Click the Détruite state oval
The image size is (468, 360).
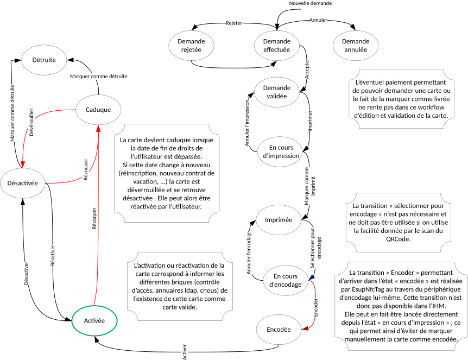44,60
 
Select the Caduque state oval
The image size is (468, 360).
98,110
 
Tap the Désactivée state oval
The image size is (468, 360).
22,183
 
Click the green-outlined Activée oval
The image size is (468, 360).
94,320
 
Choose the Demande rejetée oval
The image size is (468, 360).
191,46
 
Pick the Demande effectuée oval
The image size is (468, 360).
276,46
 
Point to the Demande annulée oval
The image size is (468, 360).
356,46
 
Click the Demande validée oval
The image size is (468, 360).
276,92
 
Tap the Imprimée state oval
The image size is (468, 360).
279,220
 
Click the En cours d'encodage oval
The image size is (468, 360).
286,280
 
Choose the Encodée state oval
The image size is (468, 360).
279,330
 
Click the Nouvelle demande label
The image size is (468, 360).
310,3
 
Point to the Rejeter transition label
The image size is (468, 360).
234,23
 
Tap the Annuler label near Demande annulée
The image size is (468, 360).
318,20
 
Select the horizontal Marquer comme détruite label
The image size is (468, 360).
99,77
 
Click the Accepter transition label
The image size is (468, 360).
307,69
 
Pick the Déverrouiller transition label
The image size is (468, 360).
31,122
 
